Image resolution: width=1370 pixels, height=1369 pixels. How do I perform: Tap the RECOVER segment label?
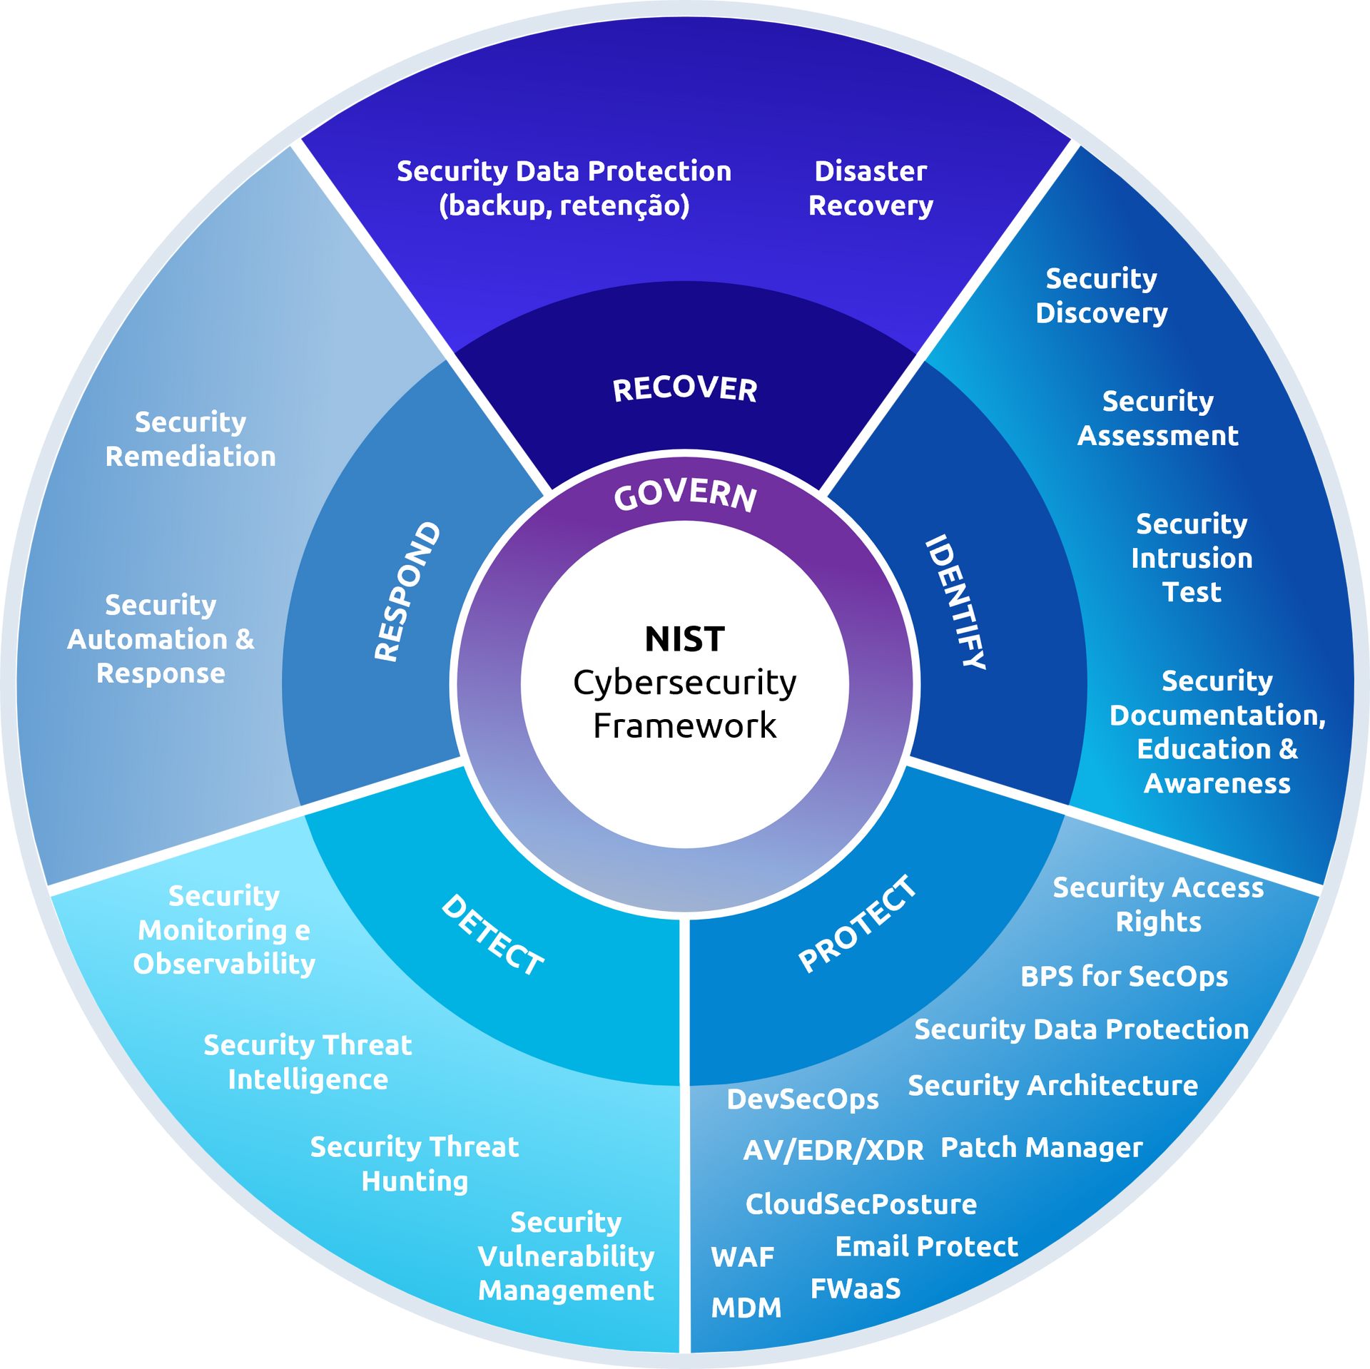[685, 389]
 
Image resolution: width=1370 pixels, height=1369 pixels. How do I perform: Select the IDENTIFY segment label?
[955, 601]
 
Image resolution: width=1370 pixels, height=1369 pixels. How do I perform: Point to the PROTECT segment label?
[857, 923]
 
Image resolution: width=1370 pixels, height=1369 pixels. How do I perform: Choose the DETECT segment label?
[492, 934]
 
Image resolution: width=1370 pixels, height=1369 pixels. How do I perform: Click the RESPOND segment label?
[407, 591]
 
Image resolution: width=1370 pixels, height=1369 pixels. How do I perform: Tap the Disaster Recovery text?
[871, 188]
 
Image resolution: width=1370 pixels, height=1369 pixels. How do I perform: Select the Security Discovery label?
[1101, 295]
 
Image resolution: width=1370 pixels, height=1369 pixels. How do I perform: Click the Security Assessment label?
[1157, 418]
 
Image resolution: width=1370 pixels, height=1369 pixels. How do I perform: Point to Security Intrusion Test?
[1192, 558]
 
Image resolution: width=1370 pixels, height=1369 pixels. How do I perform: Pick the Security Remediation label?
[191, 439]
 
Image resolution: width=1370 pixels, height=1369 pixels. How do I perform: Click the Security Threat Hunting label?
[415, 1164]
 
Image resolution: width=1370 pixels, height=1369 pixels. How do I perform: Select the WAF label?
[742, 1257]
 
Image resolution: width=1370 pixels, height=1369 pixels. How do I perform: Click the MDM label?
[746, 1308]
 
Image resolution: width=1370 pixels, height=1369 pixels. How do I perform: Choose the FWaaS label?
[856, 1288]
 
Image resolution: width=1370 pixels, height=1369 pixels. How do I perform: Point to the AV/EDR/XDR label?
[833, 1150]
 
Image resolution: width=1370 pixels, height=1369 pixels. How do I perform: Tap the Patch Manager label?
[1041, 1147]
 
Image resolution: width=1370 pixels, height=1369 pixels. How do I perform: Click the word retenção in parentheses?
[624, 206]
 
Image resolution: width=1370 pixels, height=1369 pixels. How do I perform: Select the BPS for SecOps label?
[1124, 976]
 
